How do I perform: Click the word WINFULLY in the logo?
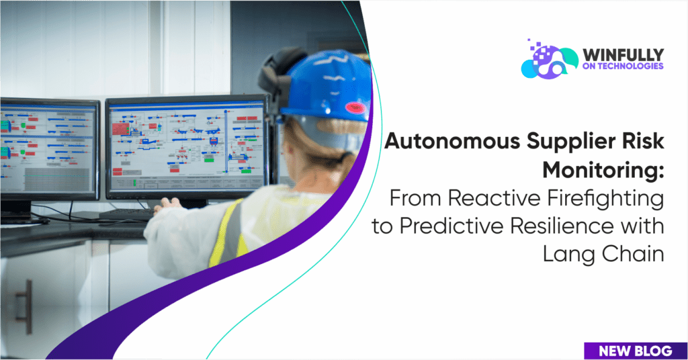tap(623, 55)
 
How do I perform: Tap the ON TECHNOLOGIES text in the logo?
tap(623, 66)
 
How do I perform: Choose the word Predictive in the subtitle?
tap(452, 226)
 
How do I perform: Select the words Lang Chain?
tap(603, 255)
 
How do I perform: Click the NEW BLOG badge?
tap(636, 351)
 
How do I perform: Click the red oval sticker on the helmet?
tap(355, 107)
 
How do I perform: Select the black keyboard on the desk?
tap(126, 214)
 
